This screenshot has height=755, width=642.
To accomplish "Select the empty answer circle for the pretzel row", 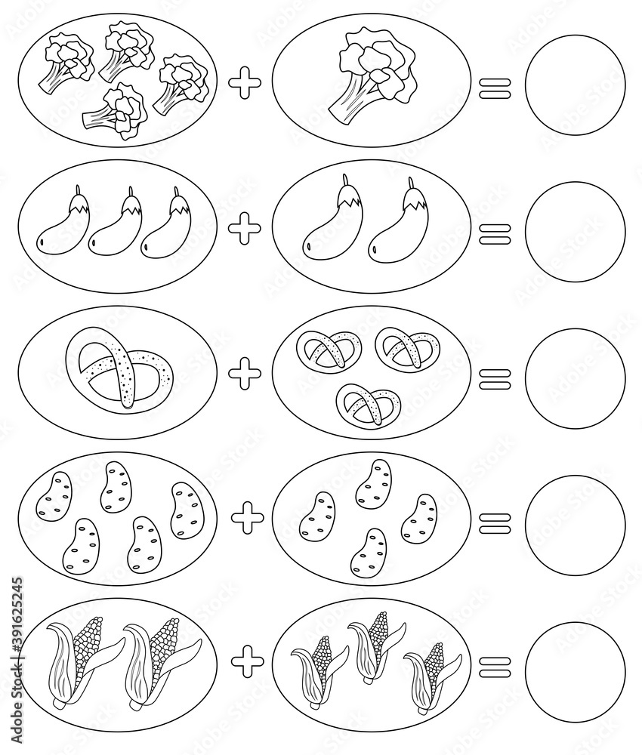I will pos(575,374).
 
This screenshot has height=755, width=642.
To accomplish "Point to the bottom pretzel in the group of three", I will pos(369,406).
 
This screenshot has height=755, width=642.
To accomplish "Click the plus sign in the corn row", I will pos(247,662).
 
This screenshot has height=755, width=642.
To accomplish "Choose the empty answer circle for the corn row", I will pos(575,665).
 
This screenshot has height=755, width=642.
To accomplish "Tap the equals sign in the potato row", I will pos(495,519).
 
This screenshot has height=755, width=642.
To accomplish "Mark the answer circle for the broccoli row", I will pos(575,83).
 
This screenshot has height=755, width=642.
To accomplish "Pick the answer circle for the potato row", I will pos(575,519).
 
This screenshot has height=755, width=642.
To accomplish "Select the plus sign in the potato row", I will pos(247,518).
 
